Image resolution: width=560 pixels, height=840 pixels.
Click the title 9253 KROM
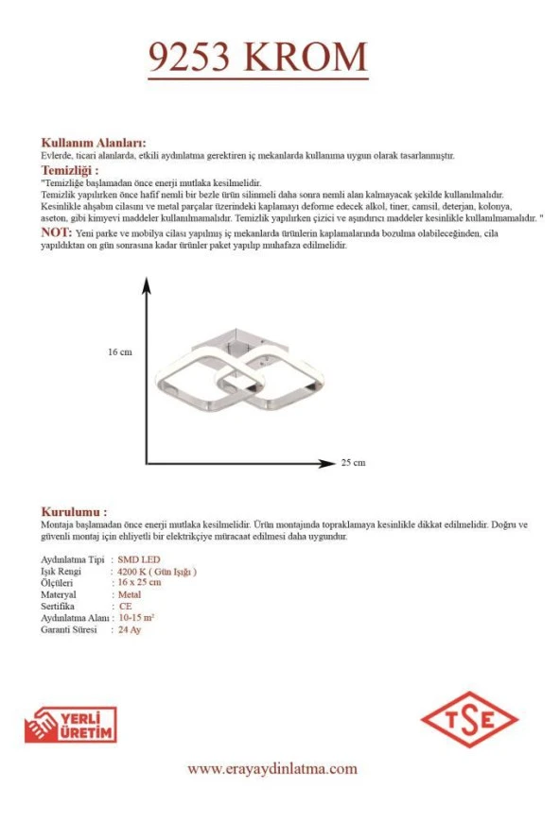[x=258, y=58]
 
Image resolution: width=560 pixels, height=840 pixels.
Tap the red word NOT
[x=55, y=232]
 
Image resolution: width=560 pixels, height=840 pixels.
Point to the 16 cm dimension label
[x=119, y=351]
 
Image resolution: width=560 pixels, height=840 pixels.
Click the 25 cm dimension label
[x=353, y=463]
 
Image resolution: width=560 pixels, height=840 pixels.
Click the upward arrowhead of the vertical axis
[x=147, y=284]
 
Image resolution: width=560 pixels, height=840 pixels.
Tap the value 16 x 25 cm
[x=140, y=583]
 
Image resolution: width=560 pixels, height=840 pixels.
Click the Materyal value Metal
[x=131, y=594]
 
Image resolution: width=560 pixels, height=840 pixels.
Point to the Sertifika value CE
[x=125, y=606]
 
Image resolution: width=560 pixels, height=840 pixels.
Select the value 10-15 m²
[x=137, y=617]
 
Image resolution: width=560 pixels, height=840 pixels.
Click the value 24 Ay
[x=130, y=628]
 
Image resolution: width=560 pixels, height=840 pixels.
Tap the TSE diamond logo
[x=470, y=719]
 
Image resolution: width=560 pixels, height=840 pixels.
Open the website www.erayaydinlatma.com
[x=271, y=769]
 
